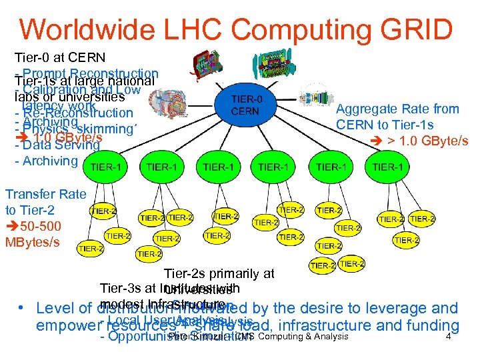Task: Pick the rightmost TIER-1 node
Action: click(387, 167)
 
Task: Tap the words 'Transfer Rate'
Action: click(46, 194)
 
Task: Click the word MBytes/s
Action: click(35, 241)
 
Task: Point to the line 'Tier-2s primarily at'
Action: click(219, 273)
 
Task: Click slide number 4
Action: click(449, 337)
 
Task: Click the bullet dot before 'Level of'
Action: click(22, 309)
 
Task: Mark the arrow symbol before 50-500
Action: click(13, 226)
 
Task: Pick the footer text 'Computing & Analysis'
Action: click(303, 337)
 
